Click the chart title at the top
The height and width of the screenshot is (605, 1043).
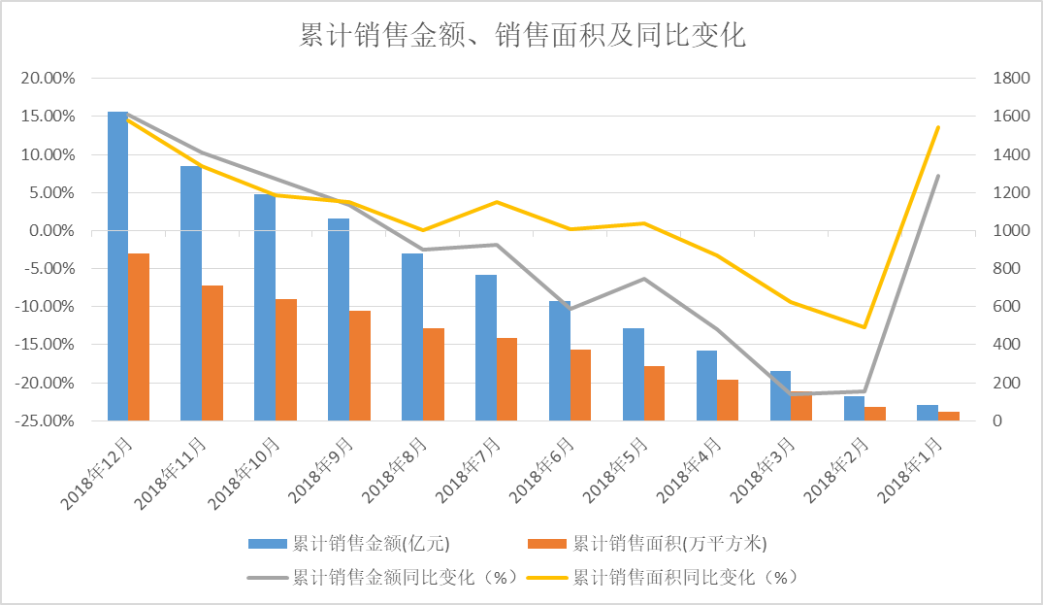click(x=521, y=36)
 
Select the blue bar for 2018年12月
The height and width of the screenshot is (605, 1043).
click(x=117, y=266)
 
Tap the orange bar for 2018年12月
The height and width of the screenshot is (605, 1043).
click(x=139, y=336)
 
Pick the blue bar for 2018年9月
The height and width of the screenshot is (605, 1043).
click(x=339, y=319)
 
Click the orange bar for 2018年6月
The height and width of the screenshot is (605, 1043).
click(x=580, y=385)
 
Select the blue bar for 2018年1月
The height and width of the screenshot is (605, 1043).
click(x=928, y=413)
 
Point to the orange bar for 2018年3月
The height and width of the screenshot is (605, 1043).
click(x=801, y=406)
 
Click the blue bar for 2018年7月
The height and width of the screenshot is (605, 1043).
click(x=485, y=348)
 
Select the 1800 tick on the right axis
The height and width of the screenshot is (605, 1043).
click(x=1006, y=79)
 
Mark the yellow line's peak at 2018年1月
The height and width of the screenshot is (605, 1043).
click(x=938, y=127)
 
